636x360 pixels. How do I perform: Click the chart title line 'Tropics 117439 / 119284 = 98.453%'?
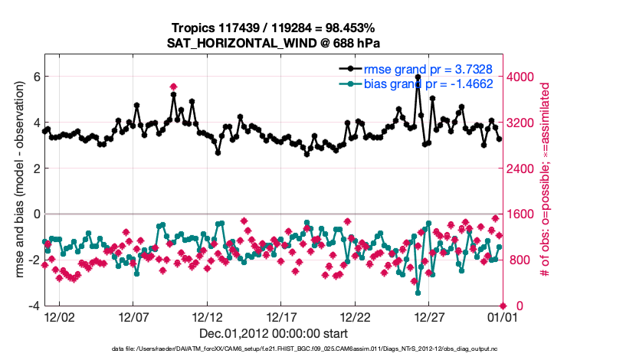274,28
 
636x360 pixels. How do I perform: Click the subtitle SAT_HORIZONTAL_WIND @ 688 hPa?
274,43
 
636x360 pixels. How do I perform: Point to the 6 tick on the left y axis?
35,77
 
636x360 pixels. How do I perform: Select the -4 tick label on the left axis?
33,306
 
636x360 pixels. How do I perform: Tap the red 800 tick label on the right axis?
519,260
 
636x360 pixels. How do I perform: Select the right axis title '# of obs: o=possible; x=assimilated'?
546,180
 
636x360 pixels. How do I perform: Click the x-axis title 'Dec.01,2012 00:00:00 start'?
274,334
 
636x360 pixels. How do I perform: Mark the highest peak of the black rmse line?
418,77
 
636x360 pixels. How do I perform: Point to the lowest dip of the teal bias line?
418,293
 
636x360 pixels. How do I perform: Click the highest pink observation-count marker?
174,87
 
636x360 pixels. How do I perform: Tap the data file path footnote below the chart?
274,349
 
